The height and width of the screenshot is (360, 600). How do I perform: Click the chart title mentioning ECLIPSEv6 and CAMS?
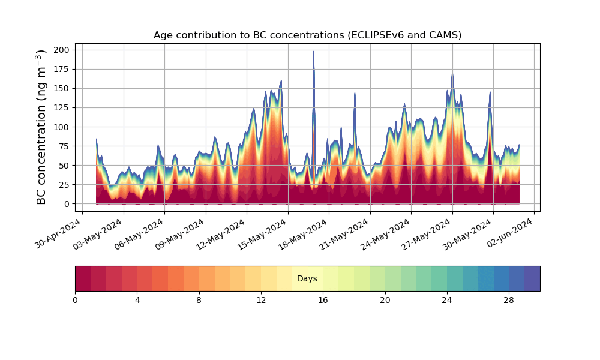[x=307, y=35]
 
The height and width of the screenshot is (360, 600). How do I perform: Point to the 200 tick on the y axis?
[x=62, y=50]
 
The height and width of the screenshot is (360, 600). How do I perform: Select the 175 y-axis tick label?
[x=62, y=69]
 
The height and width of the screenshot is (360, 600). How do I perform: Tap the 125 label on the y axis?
[x=62, y=108]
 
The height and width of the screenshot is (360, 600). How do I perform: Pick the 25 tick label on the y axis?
[x=64, y=185]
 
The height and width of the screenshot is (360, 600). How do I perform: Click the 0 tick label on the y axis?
[x=67, y=204]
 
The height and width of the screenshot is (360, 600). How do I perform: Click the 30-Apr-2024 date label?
[x=58, y=233]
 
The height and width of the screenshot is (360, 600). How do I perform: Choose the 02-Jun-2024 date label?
[x=510, y=233]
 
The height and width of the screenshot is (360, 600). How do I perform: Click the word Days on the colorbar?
[x=307, y=278]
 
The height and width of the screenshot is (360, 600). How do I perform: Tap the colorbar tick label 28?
[x=509, y=301]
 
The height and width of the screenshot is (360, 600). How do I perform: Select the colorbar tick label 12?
[x=261, y=301]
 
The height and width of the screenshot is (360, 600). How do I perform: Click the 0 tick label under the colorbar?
[x=75, y=301]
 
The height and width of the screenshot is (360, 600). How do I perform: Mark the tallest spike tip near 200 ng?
[x=314, y=52]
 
